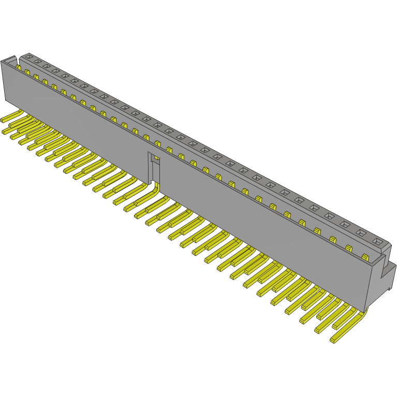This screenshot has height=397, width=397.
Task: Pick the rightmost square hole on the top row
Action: pos(377,242)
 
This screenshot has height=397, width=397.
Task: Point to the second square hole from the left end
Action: pos(37,61)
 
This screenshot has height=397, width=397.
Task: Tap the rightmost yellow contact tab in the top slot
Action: pos(365,257)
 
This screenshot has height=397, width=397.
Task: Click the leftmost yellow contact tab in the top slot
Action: pos(19,67)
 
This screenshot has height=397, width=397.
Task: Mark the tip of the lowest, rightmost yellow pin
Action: pos(333,340)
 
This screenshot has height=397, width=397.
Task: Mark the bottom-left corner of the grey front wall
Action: pos(6,101)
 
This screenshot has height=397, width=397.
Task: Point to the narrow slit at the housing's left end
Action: pos(19,62)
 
